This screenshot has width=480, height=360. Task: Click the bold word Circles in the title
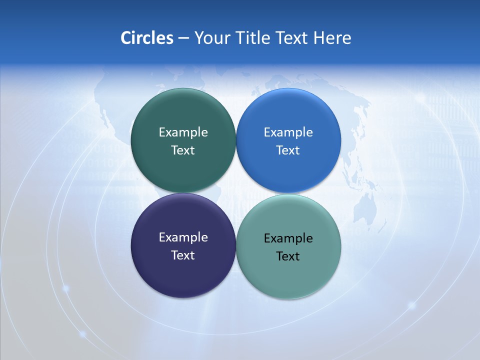(x=147, y=38)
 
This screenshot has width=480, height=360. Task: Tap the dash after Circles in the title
(x=183, y=38)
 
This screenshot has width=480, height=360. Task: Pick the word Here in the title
(x=332, y=38)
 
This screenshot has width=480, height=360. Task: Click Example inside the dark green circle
(x=183, y=132)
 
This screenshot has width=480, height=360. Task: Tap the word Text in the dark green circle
(x=183, y=150)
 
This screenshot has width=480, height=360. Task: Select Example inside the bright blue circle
(x=288, y=132)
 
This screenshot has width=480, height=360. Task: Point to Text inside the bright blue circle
(x=288, y=150)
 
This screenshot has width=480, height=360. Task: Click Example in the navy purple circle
(x=183, y=237)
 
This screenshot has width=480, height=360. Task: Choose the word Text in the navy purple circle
(x=183, y=255)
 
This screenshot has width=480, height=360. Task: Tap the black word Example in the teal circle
(x=288, y=238)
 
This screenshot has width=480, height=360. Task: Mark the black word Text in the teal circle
(x=288, y=256)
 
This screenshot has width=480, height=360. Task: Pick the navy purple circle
(x=183, y=277)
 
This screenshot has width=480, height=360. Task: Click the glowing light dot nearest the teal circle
(x=412, y=304)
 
